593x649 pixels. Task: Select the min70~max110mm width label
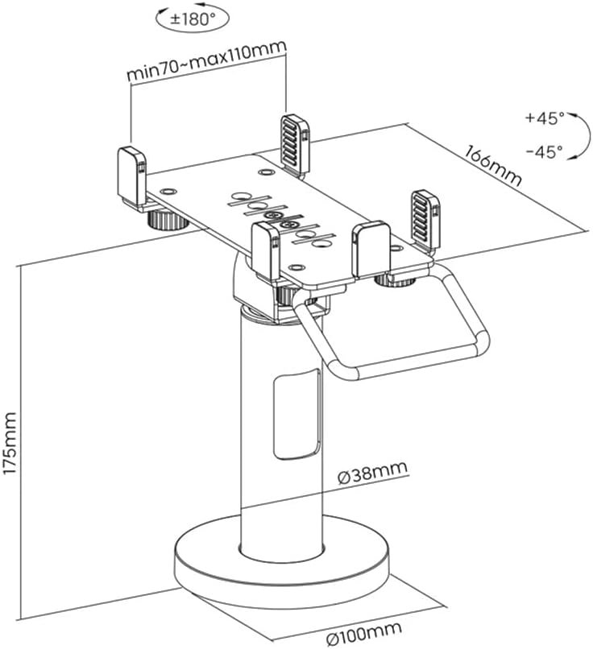[206, 62]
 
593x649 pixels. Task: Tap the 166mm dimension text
[493, 166]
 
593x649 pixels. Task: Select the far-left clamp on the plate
[129, 173]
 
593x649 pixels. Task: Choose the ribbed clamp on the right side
[425, 217]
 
